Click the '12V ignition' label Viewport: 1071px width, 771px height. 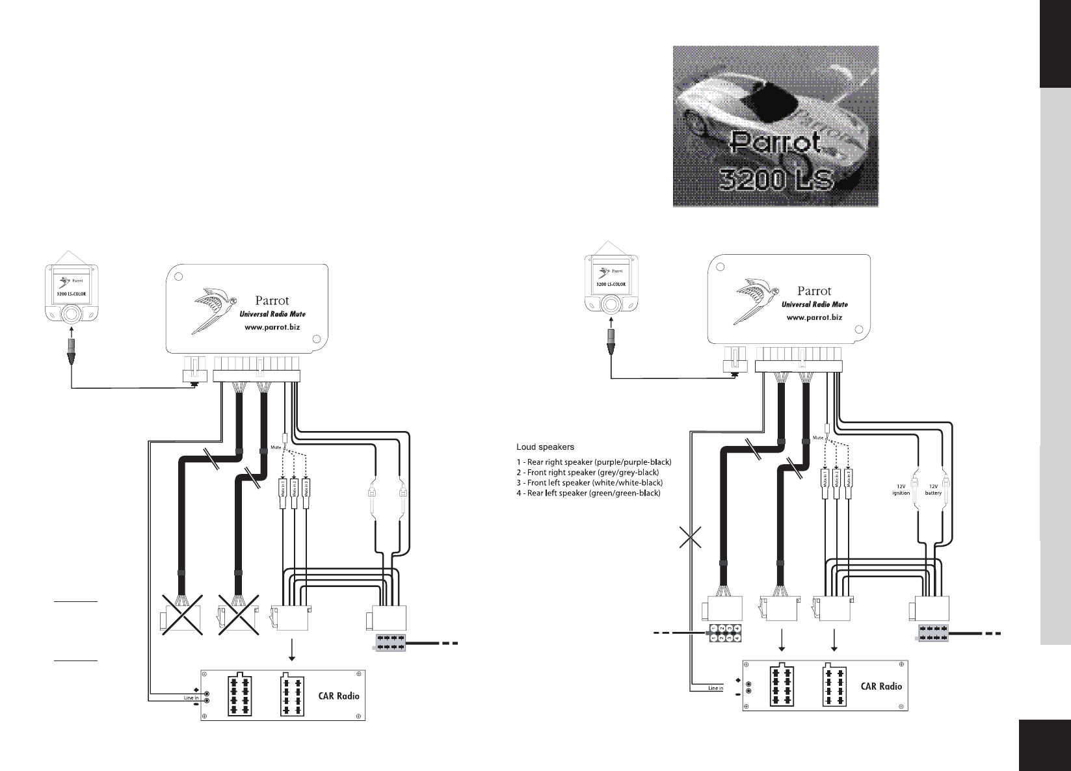901,489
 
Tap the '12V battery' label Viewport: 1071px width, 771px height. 933,489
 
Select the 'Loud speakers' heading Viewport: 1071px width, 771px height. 545,447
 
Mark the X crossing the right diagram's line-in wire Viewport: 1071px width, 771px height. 691,538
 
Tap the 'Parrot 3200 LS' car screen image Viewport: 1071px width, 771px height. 775,126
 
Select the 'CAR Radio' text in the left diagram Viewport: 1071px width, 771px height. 338,696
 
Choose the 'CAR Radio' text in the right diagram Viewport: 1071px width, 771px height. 881,686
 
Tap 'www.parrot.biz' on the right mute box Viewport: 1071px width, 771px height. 814,317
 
